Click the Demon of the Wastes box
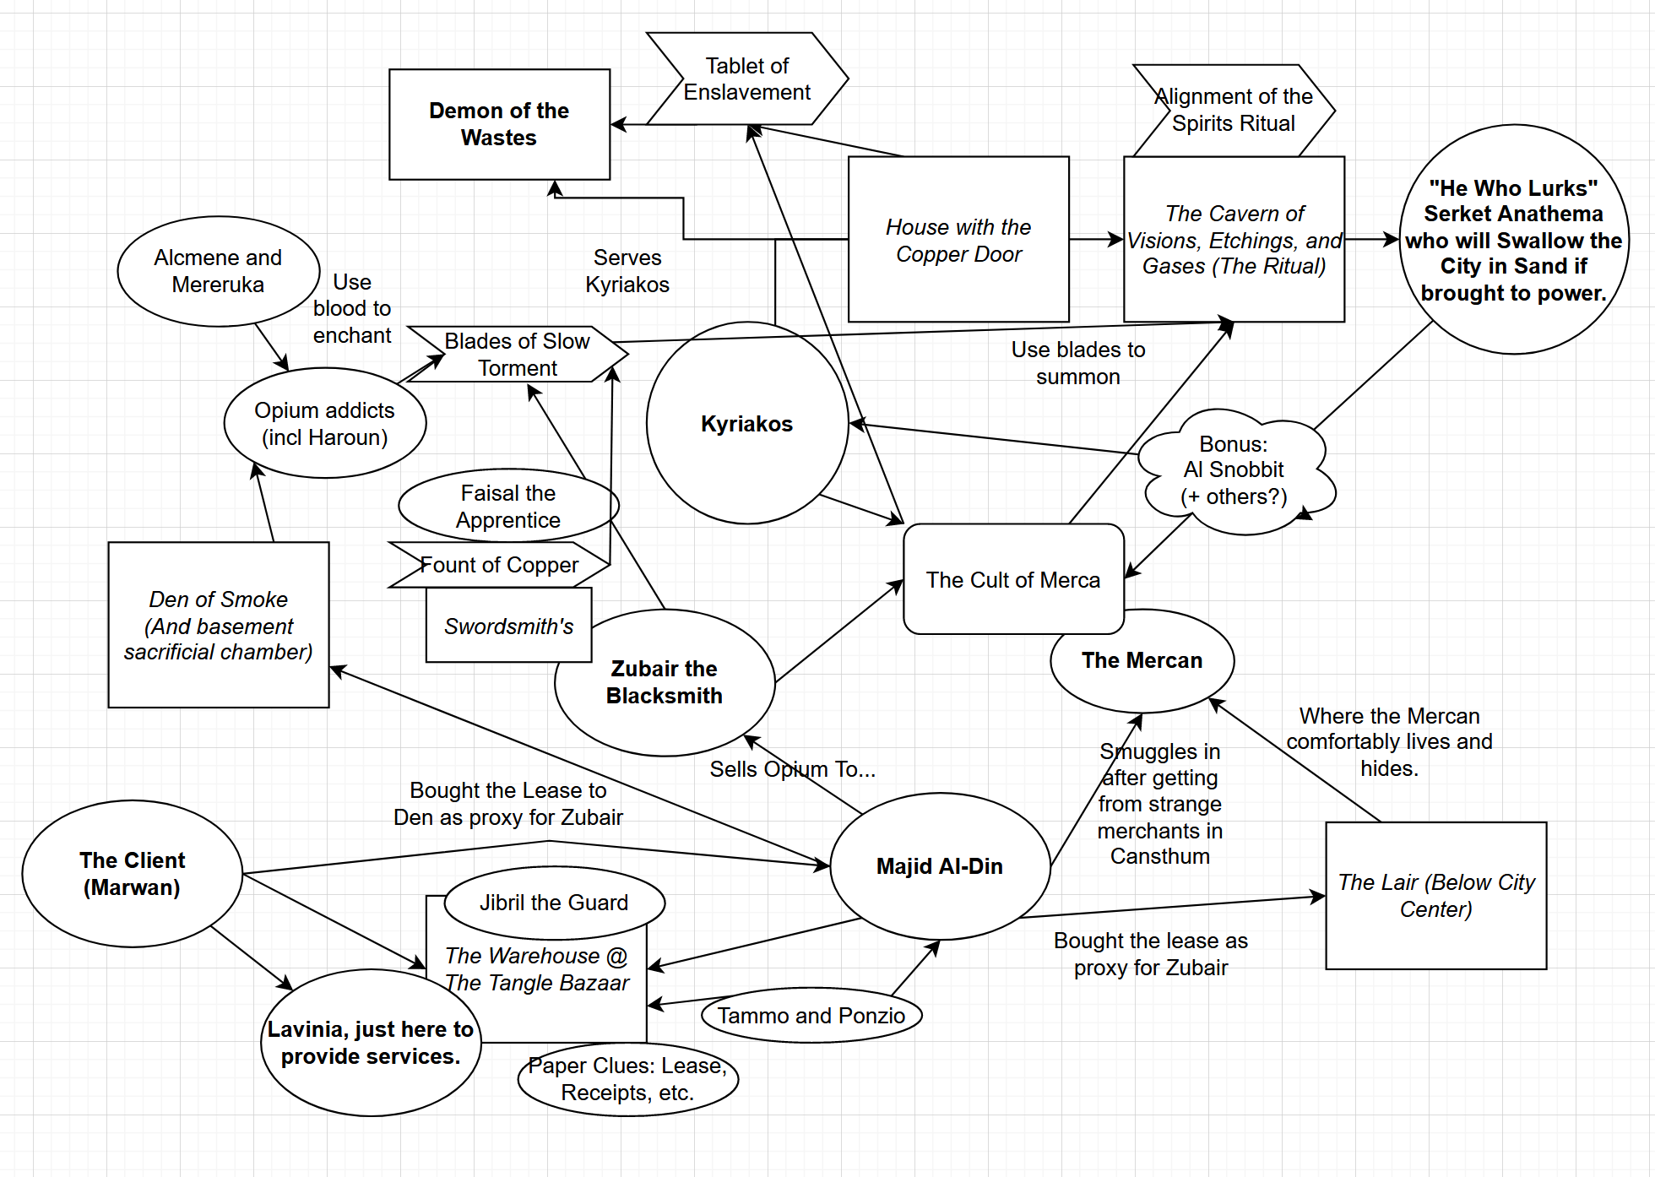[499, 124]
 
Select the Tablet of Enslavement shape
[746, 79]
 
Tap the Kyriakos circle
[746, 423]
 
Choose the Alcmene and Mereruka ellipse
[218, 271]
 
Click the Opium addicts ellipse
[324, 423]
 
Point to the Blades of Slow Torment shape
[517, 355]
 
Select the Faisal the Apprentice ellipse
[507, 506]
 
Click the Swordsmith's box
[508, 626]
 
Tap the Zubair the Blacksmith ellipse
[664, 682]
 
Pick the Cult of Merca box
[1012, 579]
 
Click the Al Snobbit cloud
[1234, 471]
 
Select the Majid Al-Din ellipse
[939, 866]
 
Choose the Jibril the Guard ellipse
[554, 903]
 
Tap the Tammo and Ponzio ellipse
[811, 1015]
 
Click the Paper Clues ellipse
[627, 1079]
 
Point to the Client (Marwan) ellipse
[132, 874]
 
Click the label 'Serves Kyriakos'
[627, 271]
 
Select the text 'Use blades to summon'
[1077, 363]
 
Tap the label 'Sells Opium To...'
[792, 769]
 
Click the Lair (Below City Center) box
[1435, 896]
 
